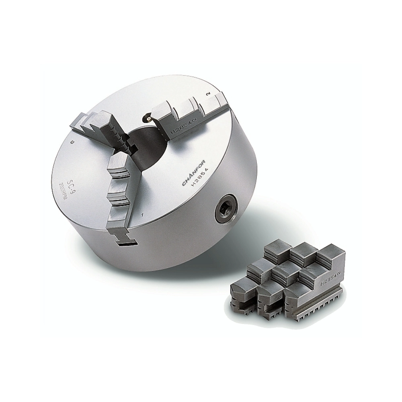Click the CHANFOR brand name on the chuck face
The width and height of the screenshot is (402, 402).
194,173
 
